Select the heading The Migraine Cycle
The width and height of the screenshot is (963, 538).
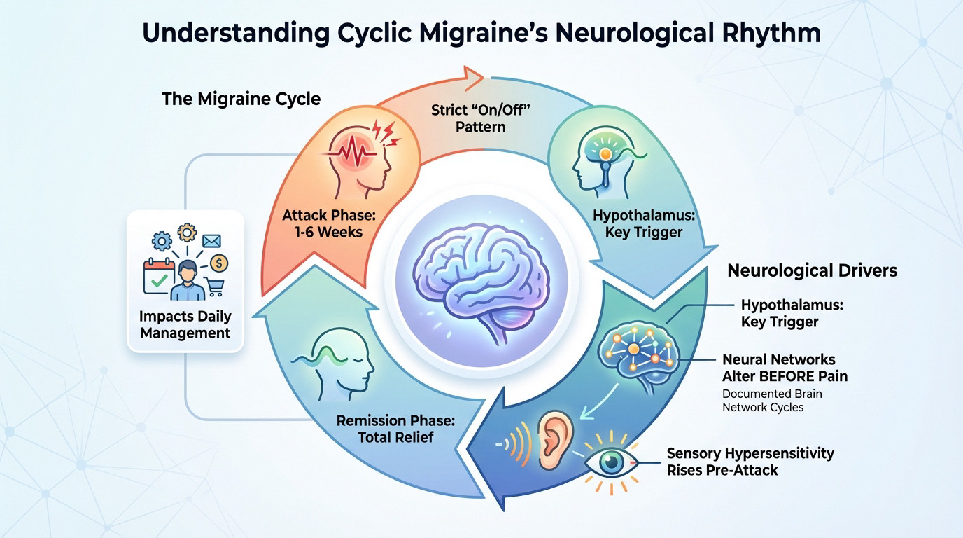241,99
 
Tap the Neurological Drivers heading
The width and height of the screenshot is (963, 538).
812,270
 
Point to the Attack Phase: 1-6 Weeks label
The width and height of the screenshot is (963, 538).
323,223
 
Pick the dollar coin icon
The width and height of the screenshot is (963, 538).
219,263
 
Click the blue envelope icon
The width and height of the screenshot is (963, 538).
211,241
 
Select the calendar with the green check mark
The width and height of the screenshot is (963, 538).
158,277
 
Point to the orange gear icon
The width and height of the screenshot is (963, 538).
186,233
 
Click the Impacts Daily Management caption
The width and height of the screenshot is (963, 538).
185,324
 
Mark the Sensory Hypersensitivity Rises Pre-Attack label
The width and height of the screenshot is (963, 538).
750,462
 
